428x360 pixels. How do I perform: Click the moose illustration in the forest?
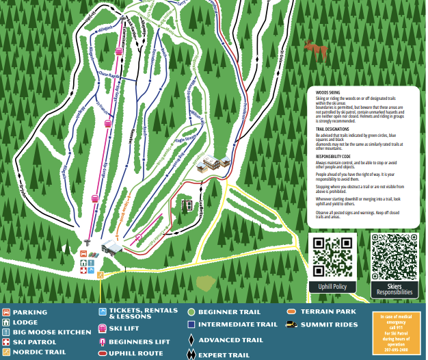click(315, 50)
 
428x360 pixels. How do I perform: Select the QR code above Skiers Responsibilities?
click(395, 257)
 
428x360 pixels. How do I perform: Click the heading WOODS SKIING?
click(327, 91)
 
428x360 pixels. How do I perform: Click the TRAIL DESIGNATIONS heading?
click(333, 128)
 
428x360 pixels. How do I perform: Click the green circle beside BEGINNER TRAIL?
click(191, 313)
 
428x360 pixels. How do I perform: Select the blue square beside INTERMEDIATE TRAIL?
click(192, 324)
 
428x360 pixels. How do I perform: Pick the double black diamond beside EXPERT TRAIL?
click(191, 355)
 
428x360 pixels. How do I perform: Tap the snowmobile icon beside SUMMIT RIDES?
click(291, 324)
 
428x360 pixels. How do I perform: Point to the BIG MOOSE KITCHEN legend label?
click(51, 332)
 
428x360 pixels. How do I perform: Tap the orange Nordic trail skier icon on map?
click(101, 275)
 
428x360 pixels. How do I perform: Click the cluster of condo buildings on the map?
click(217, 163)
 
